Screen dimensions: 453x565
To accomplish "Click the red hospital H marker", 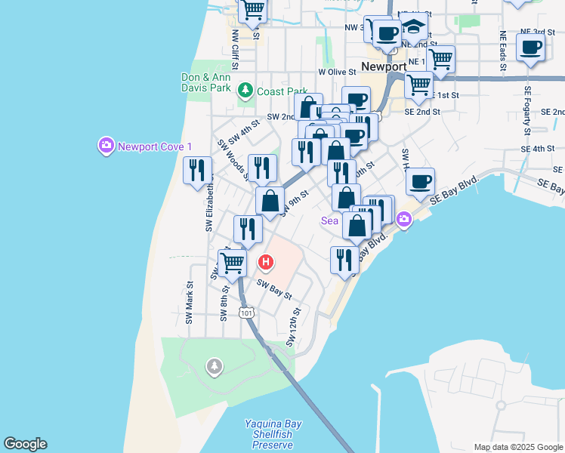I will [266, 263].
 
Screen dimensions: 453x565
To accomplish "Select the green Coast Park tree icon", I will [245, 91].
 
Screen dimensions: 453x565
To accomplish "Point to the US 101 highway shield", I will [245, 312].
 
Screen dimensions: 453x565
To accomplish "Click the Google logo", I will [25, 444].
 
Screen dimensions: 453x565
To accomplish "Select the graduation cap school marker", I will [413, 29].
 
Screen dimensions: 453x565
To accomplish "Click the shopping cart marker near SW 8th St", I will [233, 263].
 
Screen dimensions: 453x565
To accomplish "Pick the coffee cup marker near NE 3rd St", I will [530, 48].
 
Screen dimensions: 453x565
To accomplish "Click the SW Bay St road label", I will [273, 289].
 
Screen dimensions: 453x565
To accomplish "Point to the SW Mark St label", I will [190, 303].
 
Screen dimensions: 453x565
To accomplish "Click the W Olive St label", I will [336, 72].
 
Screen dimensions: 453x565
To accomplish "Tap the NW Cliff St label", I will [235, 46].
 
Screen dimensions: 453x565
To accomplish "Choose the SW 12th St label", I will [294, 327].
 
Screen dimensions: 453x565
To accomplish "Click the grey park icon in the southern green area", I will [215, 367].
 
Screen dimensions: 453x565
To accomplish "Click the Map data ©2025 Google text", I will [519, 447].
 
